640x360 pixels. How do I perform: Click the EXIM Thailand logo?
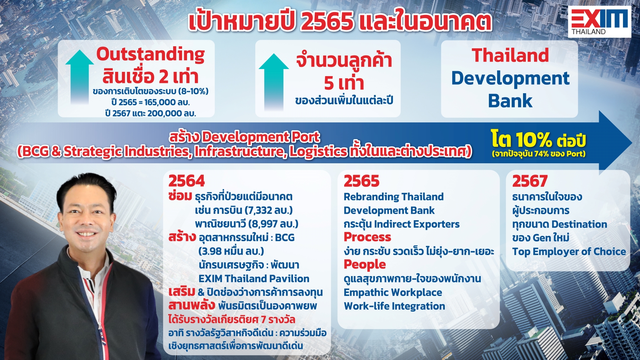[x=599, y=22]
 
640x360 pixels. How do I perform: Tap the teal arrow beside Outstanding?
[x=79, y=77]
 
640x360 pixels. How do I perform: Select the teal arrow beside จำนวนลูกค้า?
[x=273, y=82]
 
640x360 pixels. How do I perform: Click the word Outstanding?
[x=150, y=55]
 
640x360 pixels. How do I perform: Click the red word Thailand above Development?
[x=510, y=55]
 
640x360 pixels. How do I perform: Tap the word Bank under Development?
[x=510, y=101]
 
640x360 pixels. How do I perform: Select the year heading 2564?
[x=187, y=181]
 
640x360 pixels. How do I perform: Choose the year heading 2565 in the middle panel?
[x=362, y=181]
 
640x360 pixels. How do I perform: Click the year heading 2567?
[x=530, y=181]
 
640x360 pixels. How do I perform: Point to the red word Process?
[x=367, y=237]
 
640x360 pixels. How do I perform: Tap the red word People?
[x=365, y=264]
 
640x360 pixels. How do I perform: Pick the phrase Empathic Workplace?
[x=393, y=292]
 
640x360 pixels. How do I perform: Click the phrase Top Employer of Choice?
[x=569, y=252]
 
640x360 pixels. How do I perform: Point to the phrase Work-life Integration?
[x=394, y=306]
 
